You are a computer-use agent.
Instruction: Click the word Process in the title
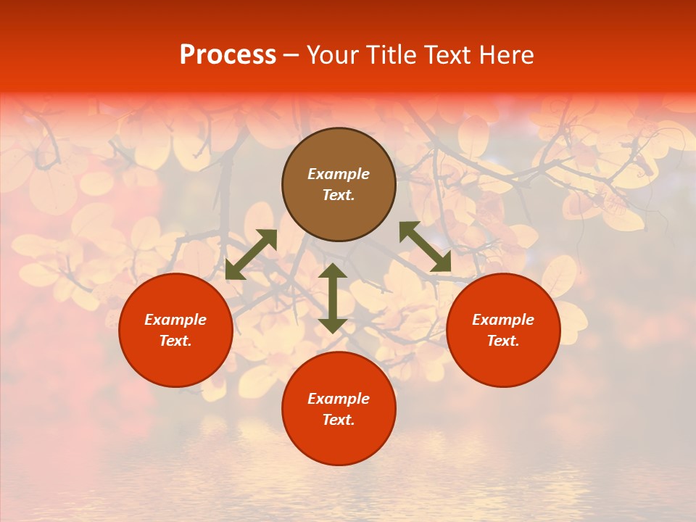[228, 55]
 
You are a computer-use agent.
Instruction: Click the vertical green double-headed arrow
[333, 298]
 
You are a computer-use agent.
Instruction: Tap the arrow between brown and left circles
[251, 254]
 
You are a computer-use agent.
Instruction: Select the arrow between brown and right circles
[425, 246]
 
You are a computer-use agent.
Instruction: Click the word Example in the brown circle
[339, 174]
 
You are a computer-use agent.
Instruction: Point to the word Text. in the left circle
[175, 341]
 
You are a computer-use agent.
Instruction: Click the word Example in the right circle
[503, 320]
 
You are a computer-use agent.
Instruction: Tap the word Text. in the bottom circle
[339, 420]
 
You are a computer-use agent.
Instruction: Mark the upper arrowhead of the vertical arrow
[333, 271]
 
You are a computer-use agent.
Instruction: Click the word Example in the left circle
[175, 320]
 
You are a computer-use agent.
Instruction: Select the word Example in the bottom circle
[339, 399]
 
